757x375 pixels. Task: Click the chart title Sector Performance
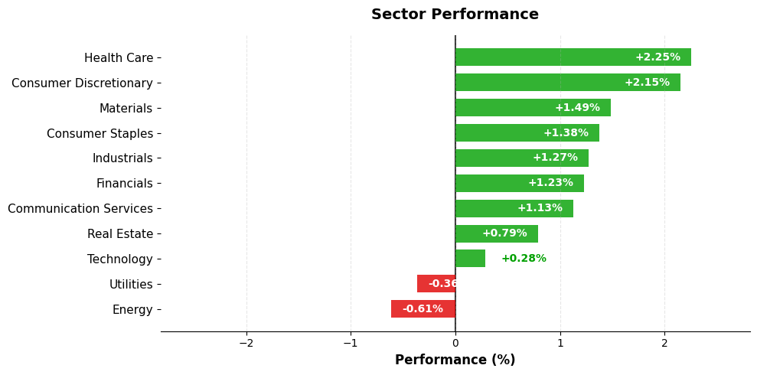[455, 15]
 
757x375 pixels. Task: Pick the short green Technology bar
[470, 259]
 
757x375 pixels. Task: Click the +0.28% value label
[524, 259]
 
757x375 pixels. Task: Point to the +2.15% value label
[647, 83]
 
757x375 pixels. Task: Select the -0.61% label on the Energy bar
[423, 309]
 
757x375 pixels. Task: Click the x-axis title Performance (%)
[455, 360]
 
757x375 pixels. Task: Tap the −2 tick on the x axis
[246, 343]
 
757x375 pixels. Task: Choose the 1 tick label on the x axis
[560, 343]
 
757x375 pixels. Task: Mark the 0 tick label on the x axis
[455, 343]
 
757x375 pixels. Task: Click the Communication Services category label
[80, 209]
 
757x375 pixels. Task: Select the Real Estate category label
[120, 234]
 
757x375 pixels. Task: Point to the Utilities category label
[131, 285]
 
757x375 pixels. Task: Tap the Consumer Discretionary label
[82, 83]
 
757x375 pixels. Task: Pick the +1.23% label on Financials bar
[550, 183]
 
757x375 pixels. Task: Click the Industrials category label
[122, 158]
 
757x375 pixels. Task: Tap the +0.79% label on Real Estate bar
[504, 233]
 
